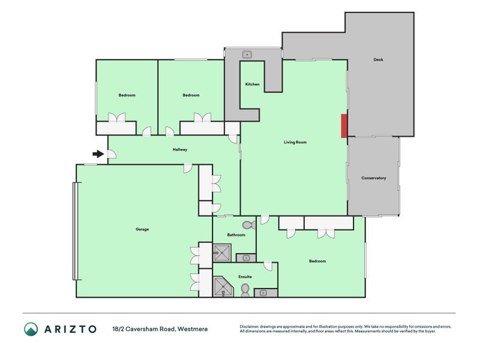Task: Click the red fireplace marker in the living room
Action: [344, 126]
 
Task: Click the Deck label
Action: [378, 60]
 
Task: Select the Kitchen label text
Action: [253, 84]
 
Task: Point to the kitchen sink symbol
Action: [247, 55]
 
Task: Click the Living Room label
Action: [295, 142]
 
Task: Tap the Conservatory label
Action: [373, 178]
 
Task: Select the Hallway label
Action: [180, 149]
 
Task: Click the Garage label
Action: [142, 229]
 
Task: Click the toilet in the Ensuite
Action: [245, 290]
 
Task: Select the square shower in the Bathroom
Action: [222, 253]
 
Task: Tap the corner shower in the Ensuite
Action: [222, 287]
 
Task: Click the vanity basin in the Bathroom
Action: [245, 258]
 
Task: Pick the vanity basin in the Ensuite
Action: [263, 293]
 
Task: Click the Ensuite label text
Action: [245, 277]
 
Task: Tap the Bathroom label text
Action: [236, 235]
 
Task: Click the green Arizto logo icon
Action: [31, 329]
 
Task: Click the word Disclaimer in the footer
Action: [250, 326]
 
